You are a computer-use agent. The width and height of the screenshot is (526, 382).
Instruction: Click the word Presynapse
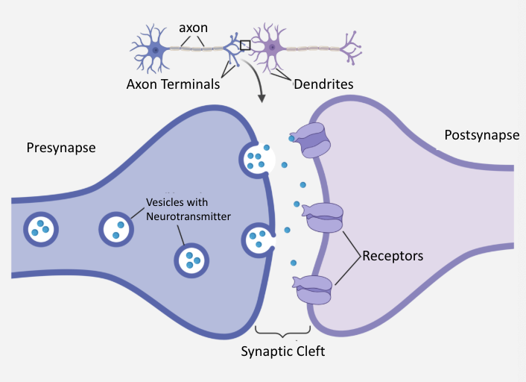61,148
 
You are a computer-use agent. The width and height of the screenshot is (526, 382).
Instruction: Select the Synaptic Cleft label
282,351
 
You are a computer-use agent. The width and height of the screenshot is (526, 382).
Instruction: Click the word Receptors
393,256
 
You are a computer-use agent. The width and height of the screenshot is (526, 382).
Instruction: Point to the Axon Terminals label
173,84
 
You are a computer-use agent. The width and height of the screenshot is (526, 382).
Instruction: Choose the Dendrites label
311,84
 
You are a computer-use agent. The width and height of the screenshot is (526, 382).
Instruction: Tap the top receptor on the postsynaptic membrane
312,140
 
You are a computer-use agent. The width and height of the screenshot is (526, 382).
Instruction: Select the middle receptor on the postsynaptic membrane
323,218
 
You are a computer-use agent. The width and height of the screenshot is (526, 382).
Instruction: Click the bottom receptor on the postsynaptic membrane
314,289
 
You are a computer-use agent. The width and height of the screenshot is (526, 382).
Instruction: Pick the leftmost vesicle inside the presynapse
42,228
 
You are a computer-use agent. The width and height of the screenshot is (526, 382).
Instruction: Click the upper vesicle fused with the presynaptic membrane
255,159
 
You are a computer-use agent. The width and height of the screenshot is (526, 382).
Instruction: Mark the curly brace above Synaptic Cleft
282,331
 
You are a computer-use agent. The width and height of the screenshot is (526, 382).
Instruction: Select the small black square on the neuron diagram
245,46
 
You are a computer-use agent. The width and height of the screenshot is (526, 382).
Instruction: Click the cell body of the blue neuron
156,50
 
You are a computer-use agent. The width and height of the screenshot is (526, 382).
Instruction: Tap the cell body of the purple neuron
273,49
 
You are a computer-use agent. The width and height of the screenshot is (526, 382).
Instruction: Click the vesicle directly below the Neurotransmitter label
191,260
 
